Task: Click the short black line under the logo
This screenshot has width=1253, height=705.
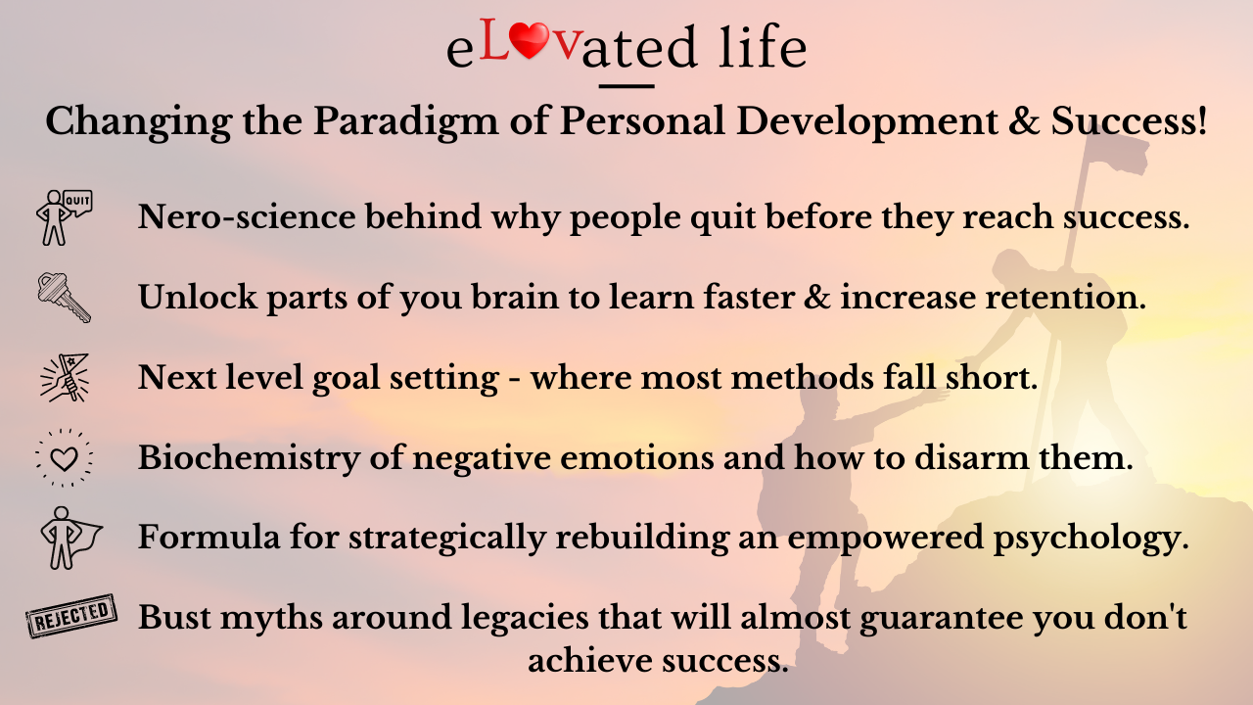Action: pos(626,86)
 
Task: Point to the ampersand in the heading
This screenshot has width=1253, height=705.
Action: pos(1024,120)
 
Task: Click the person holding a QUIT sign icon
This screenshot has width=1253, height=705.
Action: pos(64,217)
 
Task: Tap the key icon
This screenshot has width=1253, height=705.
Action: pos(64,298)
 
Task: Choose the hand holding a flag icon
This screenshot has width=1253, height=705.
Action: pos(65,378)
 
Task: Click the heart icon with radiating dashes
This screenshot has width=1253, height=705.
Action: pos(65,458)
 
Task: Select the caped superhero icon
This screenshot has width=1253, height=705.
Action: pos(70,538)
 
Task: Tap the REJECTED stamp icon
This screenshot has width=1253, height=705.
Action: pos(71,616)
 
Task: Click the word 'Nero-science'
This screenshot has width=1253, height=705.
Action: pos(247,216)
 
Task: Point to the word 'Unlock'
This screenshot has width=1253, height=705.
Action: pos(198,297)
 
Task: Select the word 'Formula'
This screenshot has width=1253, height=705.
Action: pos(209,538)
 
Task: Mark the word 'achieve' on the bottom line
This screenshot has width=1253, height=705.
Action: pos(590,661)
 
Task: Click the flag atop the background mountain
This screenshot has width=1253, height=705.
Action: pos(1116,148)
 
